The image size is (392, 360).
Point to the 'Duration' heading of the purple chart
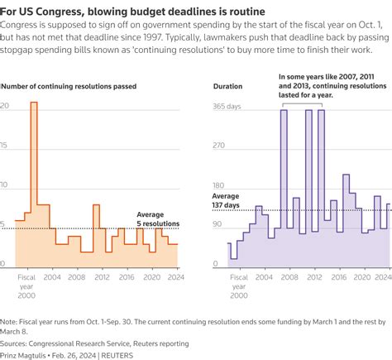click(x=227, y=86)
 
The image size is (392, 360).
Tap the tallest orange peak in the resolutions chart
click(x=34, y=103)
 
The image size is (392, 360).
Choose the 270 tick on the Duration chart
click(x=220, y=146)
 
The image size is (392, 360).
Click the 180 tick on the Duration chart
click(x=220, y=186)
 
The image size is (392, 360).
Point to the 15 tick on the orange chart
click(x=5, y=146)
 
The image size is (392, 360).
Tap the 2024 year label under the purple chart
click(x=382, y=278)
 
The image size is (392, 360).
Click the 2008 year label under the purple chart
click(x=288, y=278)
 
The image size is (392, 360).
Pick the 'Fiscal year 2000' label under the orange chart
click(x=26, y=286)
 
